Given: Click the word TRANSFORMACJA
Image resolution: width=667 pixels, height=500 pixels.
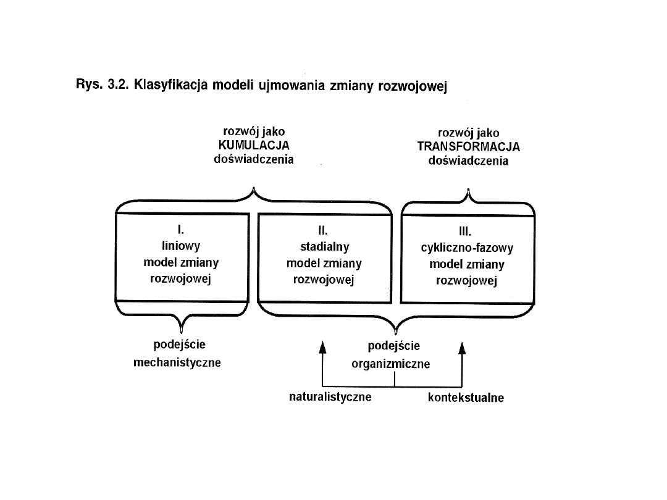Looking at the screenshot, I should pyautogui.click(x=468, y=147).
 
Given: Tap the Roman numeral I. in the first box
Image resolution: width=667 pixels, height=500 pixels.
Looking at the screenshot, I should pyautogui.click(x=180, y=230).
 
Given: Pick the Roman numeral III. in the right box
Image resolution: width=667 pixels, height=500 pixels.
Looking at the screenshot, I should pyautogui.click(x=466, y=233).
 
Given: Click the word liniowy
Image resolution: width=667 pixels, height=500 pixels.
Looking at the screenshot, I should pyautogui.click(x=180, y=246).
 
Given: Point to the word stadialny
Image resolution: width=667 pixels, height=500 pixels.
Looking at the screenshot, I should pyautogui.click(x=324, y=247).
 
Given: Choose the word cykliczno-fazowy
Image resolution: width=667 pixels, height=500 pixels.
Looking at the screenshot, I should pyautogui.click(x=467, y=249).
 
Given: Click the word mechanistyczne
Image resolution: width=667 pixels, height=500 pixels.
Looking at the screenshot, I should pyautogui.click(x=177, y=362).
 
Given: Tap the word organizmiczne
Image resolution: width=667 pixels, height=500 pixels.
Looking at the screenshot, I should pyautogui.click(x=391, y=364).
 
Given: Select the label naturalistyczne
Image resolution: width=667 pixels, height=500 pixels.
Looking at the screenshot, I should pyautogui.click(x=330, y=396).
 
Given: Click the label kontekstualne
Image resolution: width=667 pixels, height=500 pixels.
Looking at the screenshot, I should pyautogui.click(x=466, y=398).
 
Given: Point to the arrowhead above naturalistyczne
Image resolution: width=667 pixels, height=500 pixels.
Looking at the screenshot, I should pyautogui.click(x=322, y=348).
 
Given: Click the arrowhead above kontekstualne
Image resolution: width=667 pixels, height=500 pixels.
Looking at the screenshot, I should pyautogui.click(x=462, y=349).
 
